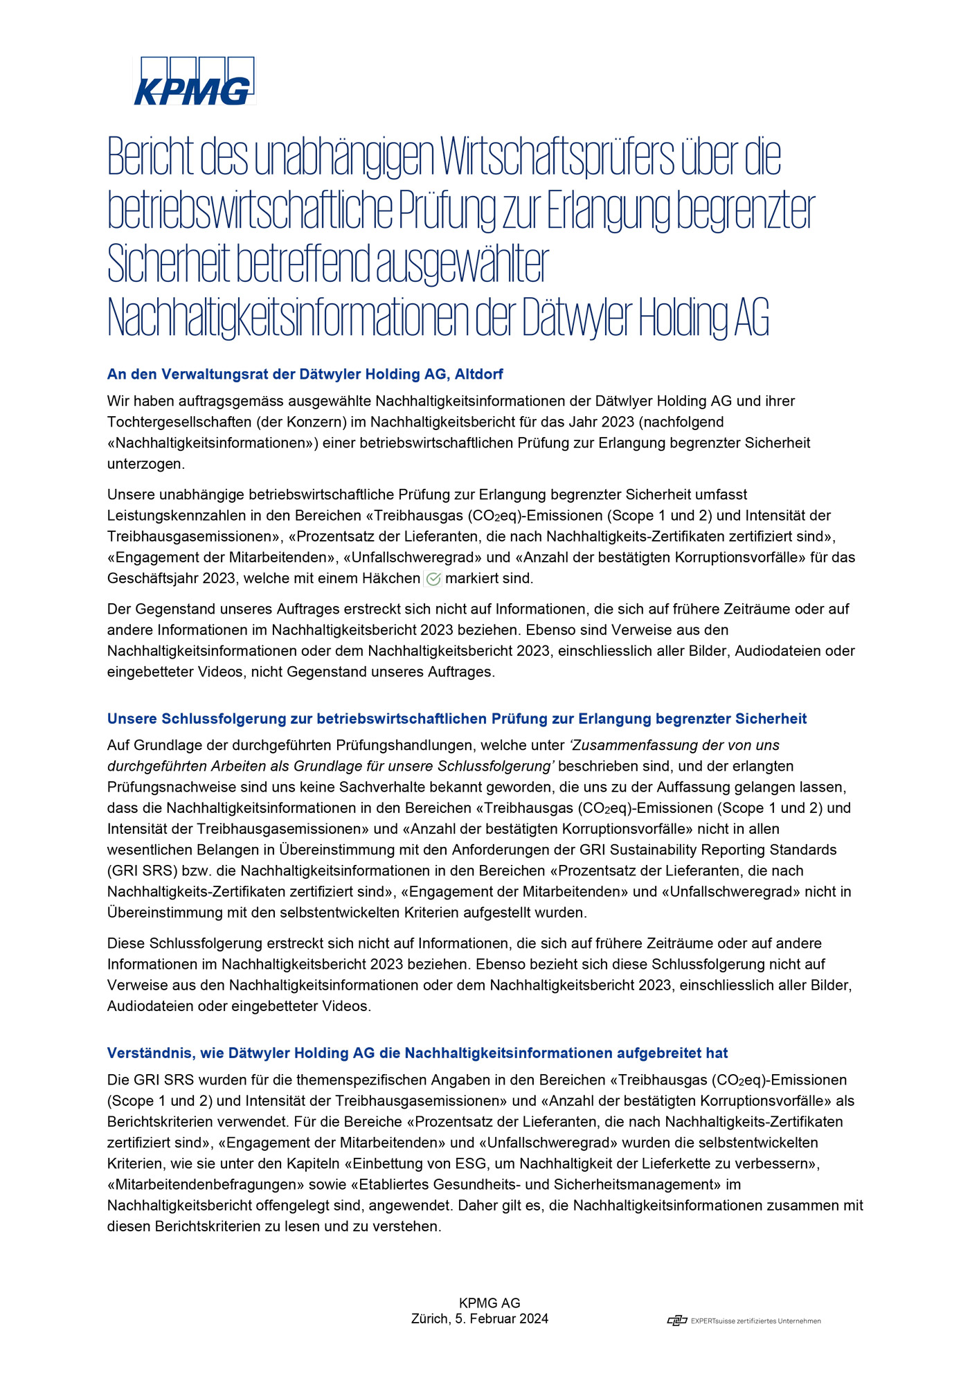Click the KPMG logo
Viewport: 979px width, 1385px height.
(194, 82)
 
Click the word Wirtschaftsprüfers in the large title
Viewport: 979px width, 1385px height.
(557, 157)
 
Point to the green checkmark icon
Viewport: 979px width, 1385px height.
(433, 579)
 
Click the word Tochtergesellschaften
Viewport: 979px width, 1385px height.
(187, 422)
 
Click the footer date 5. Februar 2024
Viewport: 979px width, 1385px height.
(501, 1319)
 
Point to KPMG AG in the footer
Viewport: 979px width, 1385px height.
(489, 1303)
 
